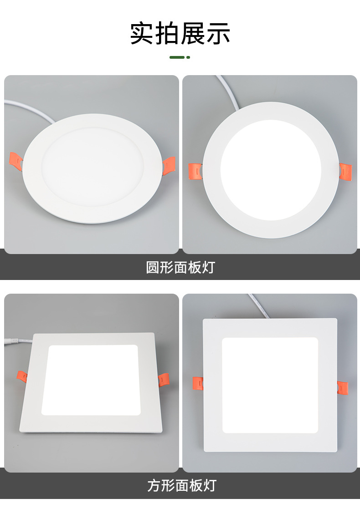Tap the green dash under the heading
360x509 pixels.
coord(180,57)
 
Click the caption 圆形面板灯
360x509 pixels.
coord(180,267)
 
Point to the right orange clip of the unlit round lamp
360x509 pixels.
coord(169,165)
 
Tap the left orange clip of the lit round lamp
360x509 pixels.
coord(195,170)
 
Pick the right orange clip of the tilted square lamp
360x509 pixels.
coord(164,379)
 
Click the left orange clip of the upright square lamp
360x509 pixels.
coord(198,384)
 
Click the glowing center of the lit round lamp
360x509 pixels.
coord(271,170)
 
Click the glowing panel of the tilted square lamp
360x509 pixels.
coord(90,380)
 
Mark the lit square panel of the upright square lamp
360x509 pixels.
coord(270,385)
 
